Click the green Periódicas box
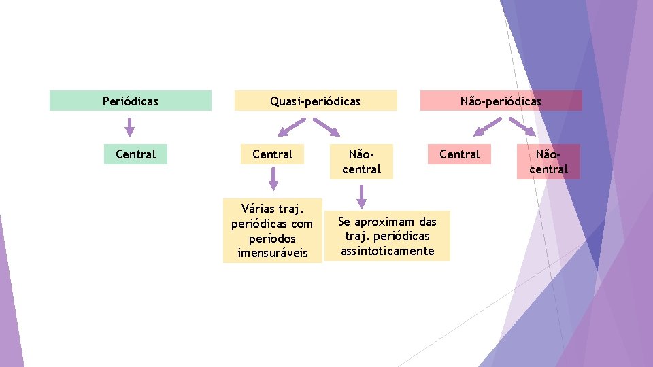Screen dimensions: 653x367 point(130,101)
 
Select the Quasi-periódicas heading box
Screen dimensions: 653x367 point(315,101)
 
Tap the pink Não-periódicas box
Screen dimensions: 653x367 point(501,101)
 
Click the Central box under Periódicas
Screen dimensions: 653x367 point(135,154)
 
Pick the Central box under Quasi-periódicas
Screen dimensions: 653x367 point(272,154)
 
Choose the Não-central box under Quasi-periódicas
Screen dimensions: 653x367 point(361,162)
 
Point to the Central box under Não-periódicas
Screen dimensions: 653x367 point(459,154)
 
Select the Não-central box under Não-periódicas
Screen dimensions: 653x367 point(548,162)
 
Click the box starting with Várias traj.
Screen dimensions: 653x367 point(272,230)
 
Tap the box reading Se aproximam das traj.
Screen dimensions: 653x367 point(387,236)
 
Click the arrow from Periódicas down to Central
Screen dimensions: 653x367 point(130,127)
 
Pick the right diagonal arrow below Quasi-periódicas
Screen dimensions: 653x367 point(326,127)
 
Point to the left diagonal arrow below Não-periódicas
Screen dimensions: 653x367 point(488,127)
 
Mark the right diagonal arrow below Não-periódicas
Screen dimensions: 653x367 point(522,127)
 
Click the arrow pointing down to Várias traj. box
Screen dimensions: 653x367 point(273,179)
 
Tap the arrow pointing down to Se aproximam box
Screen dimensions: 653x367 point(361,196)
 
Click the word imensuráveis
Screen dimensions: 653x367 point(272,253)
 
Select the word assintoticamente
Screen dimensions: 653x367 point(387,251)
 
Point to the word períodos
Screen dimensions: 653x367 point(272,238)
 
